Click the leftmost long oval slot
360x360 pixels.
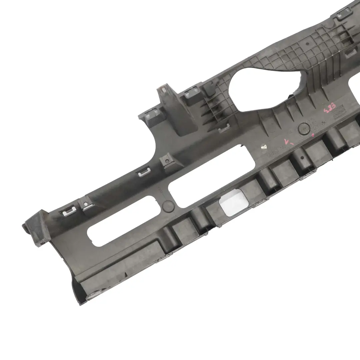[x=120, y=222]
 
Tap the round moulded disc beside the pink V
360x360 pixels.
[x=304, y=128]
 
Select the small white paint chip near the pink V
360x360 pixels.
[x=264, y=147]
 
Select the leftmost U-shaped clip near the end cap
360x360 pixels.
[x=68, y=210]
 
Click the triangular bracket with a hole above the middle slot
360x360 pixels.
[x=167, y=161]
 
